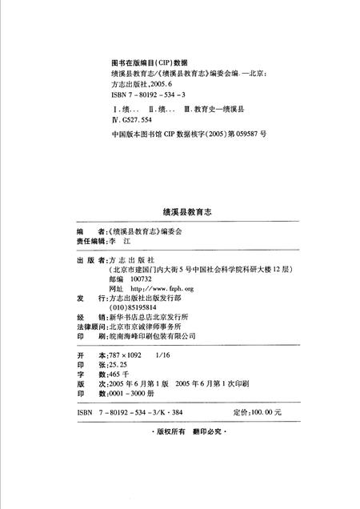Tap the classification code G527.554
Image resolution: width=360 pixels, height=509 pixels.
[x=139, y=118]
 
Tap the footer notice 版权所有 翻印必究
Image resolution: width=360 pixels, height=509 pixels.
[x=180, y=431]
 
